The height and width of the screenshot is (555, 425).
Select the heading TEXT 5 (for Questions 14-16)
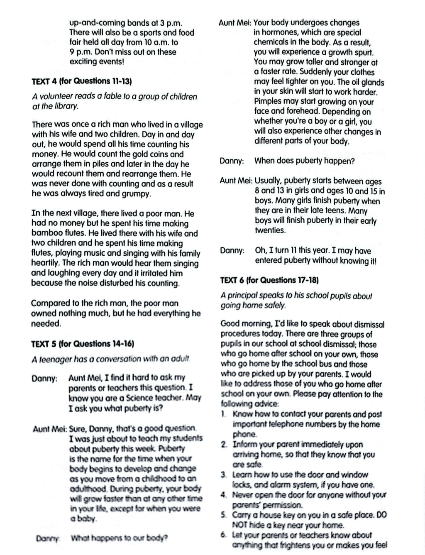pos(83,344)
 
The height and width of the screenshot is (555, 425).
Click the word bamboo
pos(44,233)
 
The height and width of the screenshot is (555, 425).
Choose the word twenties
pos(270,230)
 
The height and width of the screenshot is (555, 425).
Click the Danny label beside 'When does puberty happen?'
pos(232,161)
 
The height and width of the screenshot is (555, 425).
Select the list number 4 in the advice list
pos(224,495)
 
